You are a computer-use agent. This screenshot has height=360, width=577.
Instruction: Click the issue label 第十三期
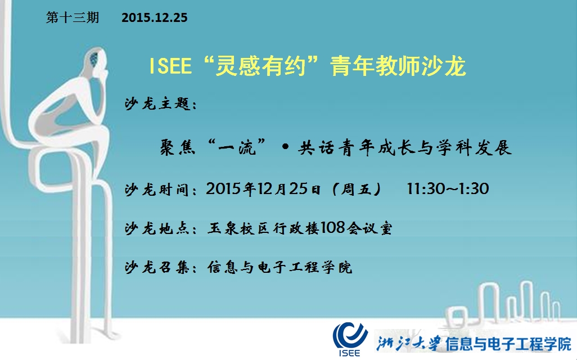pos(73,17)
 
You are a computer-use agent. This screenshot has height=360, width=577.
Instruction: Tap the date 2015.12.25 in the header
pos(155,17)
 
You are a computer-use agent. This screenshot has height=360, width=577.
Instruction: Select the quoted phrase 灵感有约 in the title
pos(262,66)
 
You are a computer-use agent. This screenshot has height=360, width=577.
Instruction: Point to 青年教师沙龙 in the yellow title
pos(398,66)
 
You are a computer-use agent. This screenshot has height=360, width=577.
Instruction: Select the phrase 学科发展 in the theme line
pos(474,147)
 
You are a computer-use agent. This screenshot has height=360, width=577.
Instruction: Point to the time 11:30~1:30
pos(448,189)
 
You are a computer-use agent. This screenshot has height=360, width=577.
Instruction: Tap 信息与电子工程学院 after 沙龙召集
pos(280,267)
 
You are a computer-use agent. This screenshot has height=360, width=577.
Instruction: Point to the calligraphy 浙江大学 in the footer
pos(408,344)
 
